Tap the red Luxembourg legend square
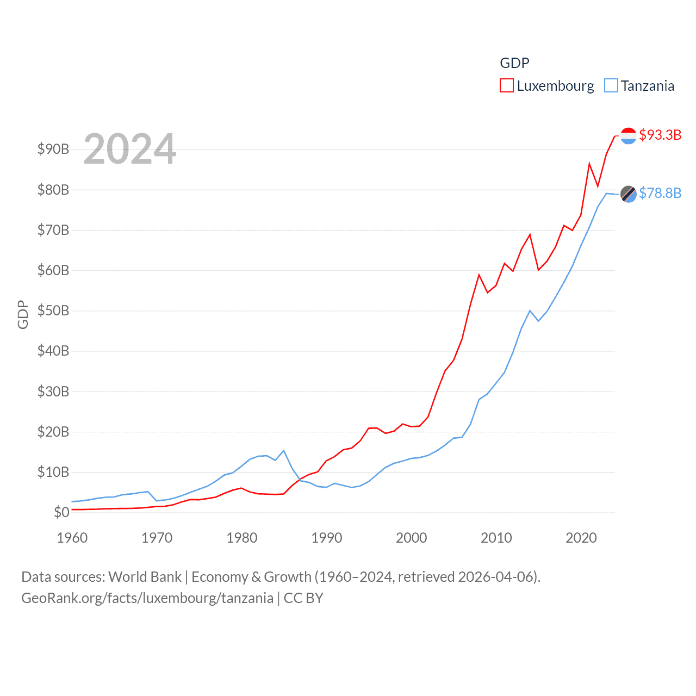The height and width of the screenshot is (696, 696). point(507,86)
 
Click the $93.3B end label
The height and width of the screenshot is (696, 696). point(660,135)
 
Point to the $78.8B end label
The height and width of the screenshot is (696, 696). point(660,193)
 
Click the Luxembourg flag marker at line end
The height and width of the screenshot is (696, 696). point(629,136)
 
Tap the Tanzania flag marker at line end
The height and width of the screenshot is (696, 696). point(629,194)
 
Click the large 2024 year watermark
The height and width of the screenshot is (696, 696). point(130,148)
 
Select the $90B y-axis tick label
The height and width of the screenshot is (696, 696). point(53,149)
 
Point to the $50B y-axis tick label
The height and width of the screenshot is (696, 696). point(53,310)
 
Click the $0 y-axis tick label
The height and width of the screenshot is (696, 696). point(61,512)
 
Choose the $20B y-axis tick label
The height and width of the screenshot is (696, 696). point(53,432)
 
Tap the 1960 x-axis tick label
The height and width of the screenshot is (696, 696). point(72,538)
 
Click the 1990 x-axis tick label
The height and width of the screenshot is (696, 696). point(327,538)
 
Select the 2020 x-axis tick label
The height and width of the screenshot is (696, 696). point(581,538)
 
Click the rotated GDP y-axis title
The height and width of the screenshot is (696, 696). point(23,314)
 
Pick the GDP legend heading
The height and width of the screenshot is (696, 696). point(514,63)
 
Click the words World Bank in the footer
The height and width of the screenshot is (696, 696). point(145,577)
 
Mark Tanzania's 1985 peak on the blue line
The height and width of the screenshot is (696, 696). point(284,451)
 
